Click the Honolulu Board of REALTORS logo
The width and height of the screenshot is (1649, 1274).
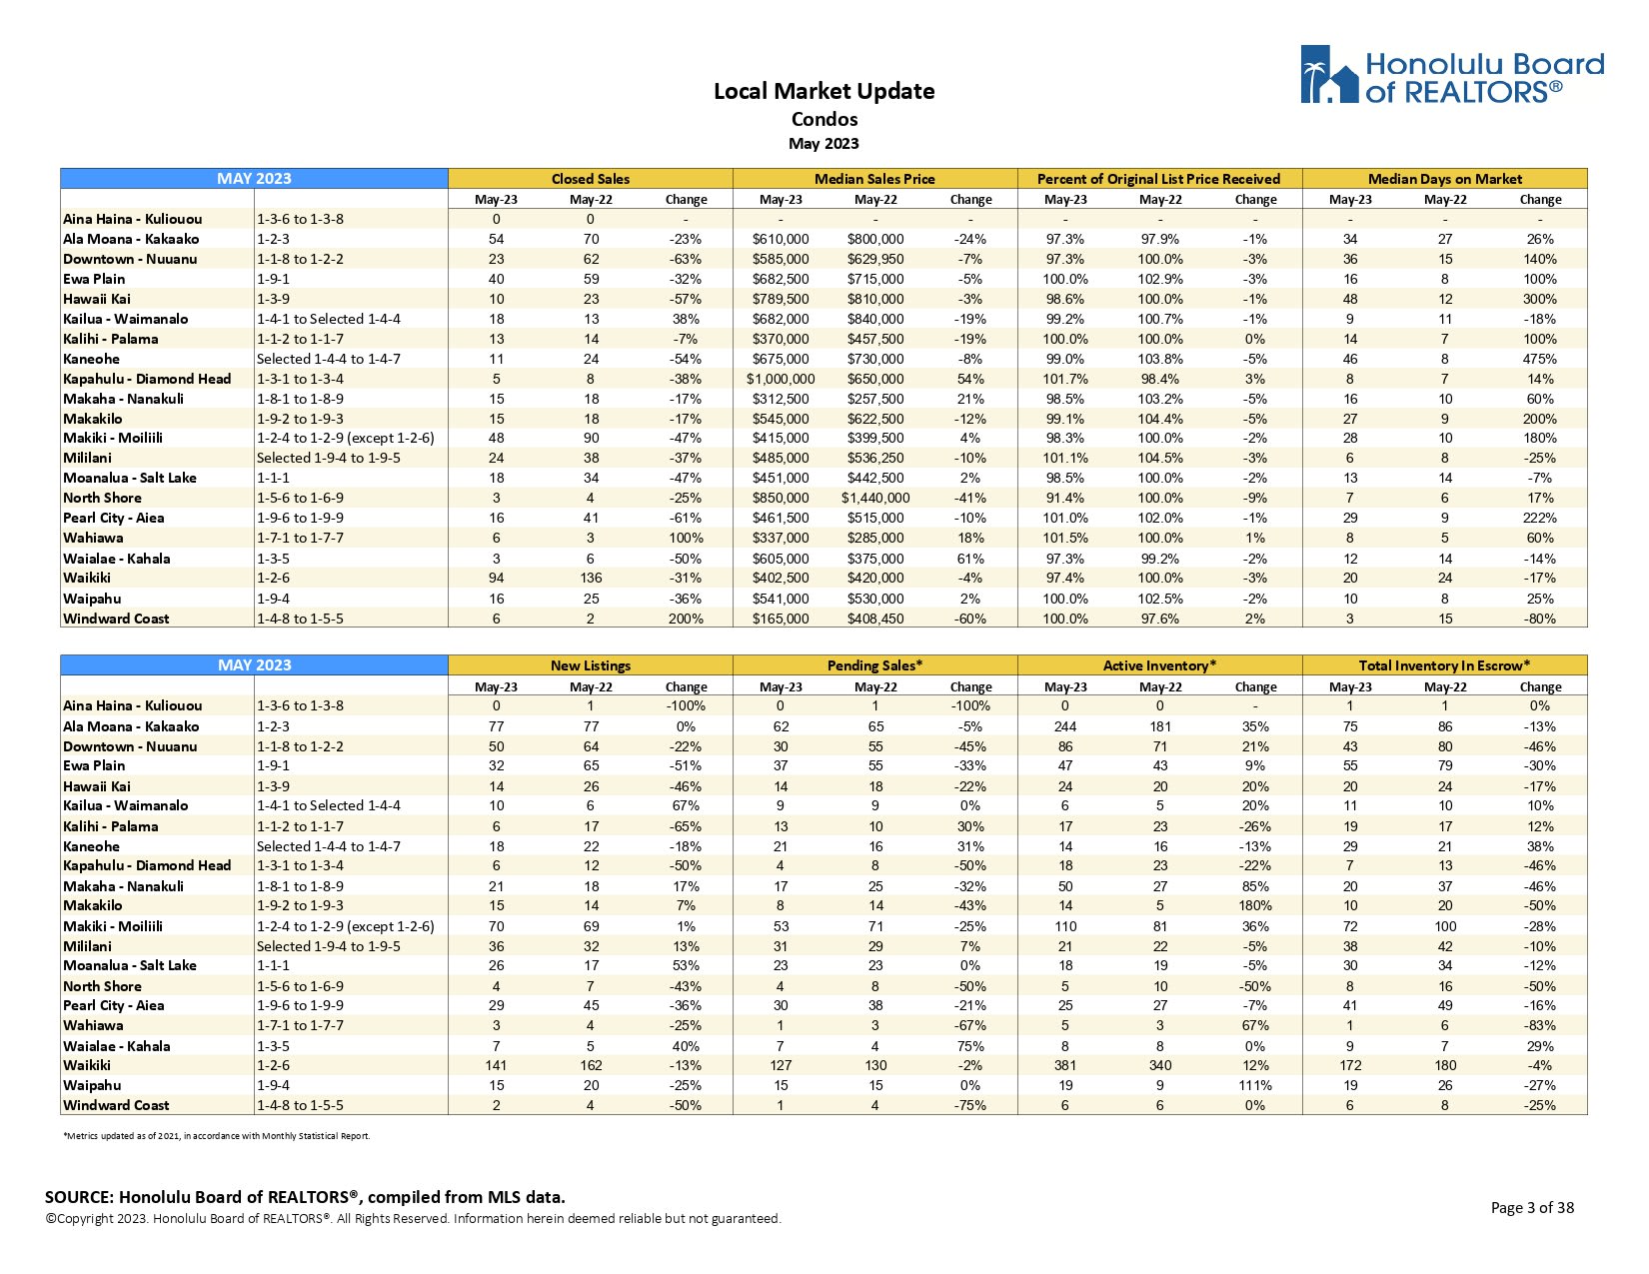coord(1451,75)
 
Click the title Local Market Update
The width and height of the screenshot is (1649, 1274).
coord(824,91)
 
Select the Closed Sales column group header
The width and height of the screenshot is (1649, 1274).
coord(590,179)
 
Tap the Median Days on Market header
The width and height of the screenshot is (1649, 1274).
coord(1444,179)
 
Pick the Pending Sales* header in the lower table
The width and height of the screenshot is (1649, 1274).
coord(874,665)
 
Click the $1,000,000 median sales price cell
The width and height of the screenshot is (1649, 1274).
coord(781,379)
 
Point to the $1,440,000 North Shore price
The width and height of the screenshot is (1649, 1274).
coord(875,498)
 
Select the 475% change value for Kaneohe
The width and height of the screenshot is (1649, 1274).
coord(1540,359)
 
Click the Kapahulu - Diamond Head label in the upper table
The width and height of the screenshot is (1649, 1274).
coord(147,379)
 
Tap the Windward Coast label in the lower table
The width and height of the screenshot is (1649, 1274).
coord(116,1105)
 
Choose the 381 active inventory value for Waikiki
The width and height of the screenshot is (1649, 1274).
coord(1065,1065)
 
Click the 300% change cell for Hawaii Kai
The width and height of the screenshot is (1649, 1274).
coord(1540,299)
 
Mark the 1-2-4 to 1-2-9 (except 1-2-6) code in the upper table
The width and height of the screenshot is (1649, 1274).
coord(345,438)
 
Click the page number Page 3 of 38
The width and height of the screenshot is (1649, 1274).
coord(1531,1207)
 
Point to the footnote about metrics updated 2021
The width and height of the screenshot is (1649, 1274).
coord(216,1135)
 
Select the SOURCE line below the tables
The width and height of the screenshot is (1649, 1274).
coord(305,1197)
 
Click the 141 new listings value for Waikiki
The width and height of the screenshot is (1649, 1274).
coord(496,1065)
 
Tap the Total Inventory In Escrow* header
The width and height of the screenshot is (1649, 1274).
coord(1444,665)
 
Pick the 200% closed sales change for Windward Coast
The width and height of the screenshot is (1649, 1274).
coord(686,619)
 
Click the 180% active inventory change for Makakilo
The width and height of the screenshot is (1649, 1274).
coord(1255,905)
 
